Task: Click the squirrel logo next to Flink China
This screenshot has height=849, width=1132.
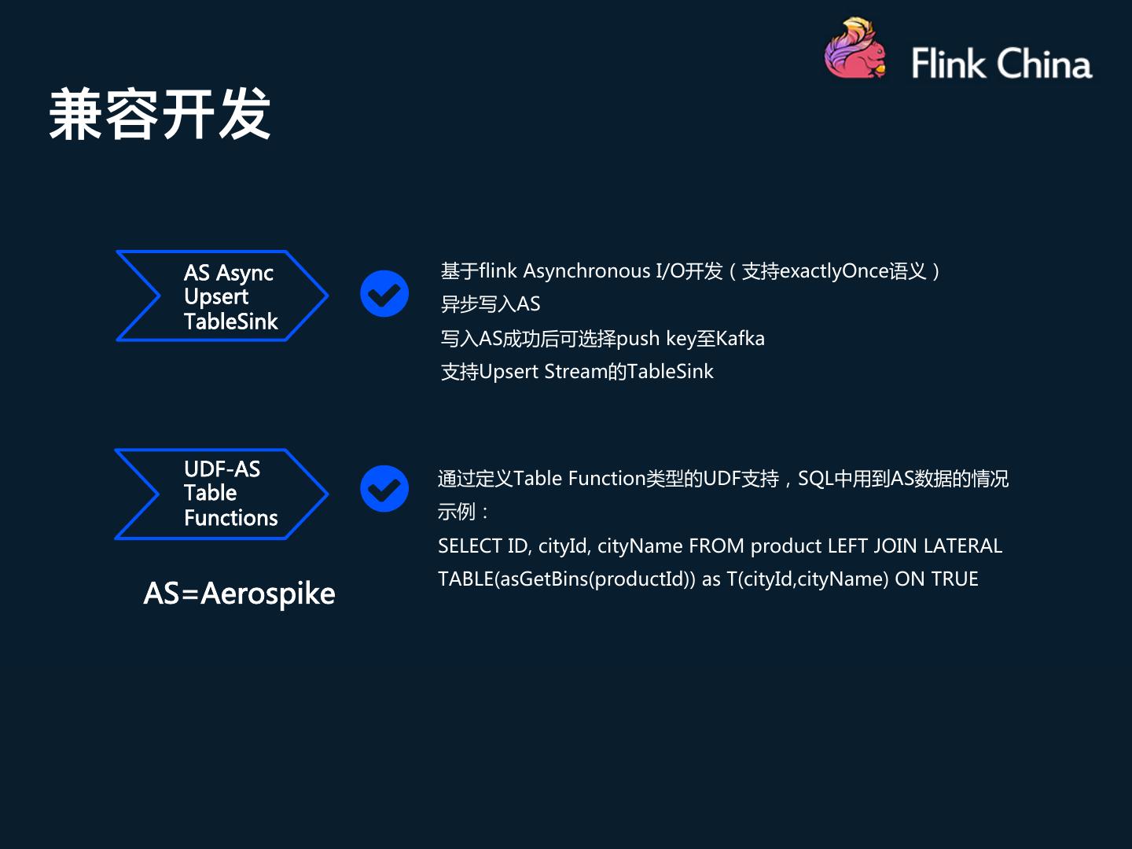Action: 854,50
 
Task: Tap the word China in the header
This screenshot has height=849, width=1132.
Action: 1046,64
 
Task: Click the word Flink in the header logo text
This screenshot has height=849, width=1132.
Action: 948,64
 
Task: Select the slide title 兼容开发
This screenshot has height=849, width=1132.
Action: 160,115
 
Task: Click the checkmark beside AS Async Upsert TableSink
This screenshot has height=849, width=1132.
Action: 384,294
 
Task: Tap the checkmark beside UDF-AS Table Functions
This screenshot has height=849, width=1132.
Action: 384,489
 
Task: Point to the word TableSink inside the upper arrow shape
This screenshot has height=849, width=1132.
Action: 230,322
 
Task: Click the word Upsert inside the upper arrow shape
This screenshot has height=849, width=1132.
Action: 215,297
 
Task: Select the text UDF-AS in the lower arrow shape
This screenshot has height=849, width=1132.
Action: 222,469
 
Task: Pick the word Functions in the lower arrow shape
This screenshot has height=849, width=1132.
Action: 230,518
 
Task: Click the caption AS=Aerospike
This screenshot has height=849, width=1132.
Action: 239,594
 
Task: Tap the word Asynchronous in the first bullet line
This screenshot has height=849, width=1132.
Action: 586,271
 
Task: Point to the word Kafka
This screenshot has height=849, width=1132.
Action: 740,339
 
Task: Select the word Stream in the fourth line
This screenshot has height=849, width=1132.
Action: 575,372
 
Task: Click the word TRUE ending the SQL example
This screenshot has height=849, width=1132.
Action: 955,579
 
